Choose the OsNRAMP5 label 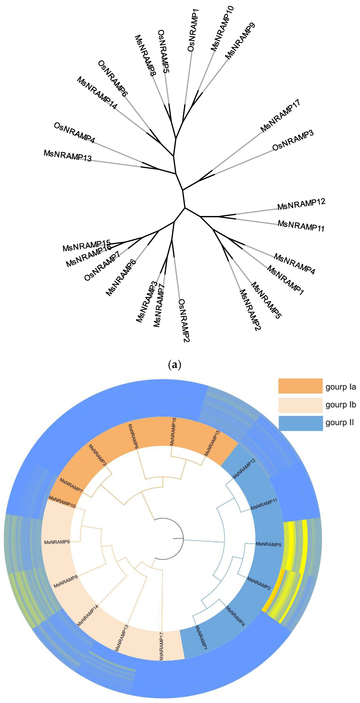(164, 51)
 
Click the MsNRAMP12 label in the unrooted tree (301, 204)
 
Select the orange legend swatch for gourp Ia (300, 386)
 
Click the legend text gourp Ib (341, 404)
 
